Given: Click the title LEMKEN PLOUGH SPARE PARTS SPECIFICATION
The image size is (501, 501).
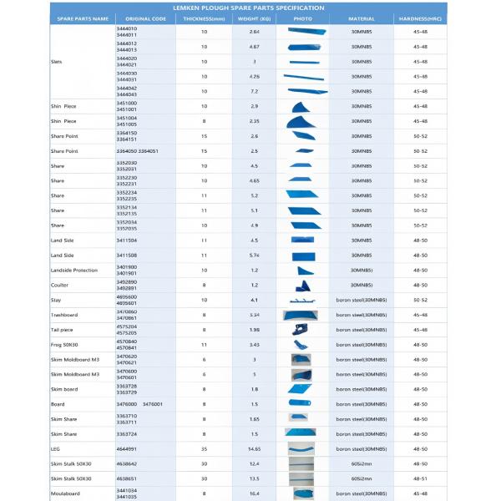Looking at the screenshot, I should coord(250,8).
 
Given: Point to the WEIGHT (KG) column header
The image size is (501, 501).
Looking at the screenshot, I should coord(255,18).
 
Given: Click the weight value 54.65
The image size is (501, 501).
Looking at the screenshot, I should coord(255,449).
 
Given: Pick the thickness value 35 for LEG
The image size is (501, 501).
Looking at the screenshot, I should coord(205,449).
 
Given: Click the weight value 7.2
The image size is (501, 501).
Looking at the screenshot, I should coord(255,91).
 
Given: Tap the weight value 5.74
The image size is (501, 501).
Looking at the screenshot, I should coord(255,255).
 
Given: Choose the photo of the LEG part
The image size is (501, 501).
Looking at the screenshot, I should coord(301,449).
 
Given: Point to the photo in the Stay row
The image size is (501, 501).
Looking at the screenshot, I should coord(301,300).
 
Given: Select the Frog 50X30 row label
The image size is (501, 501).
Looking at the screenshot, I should coord(63,345).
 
